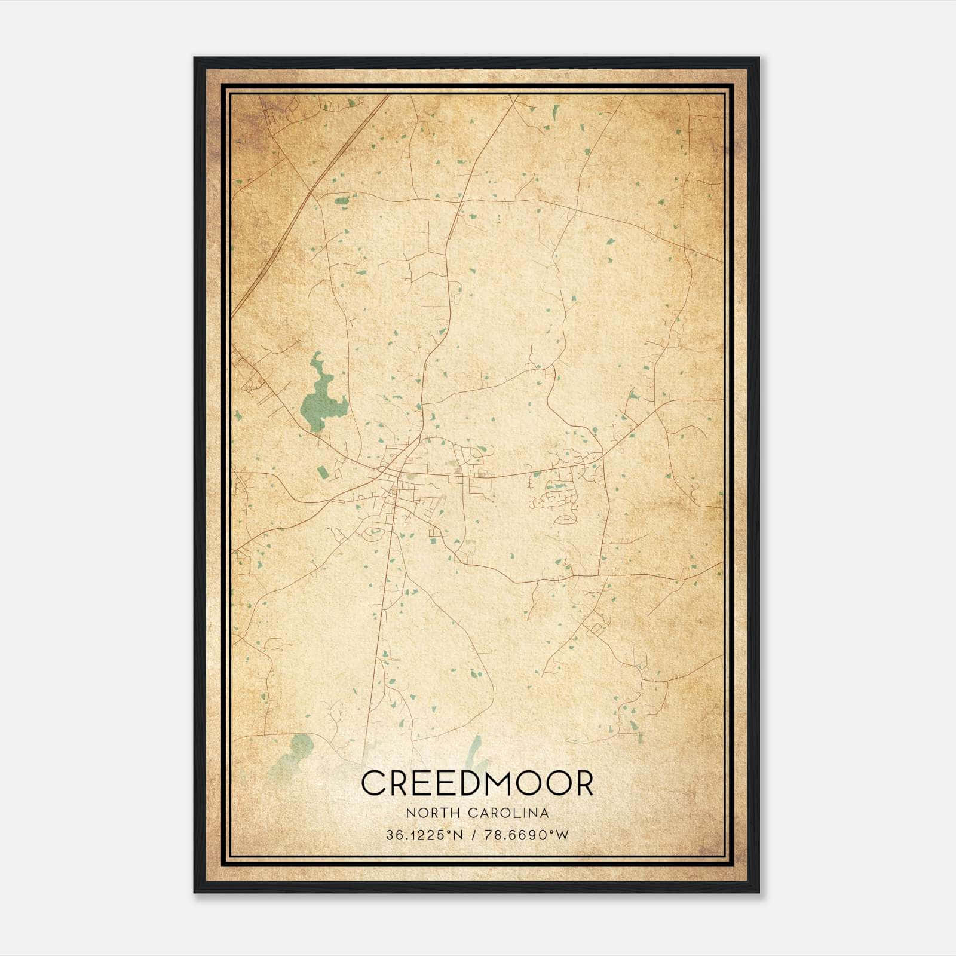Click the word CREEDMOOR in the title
pos(477,783)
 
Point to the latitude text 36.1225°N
pos(425,835)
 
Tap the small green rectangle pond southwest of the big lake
pos(323,473)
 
